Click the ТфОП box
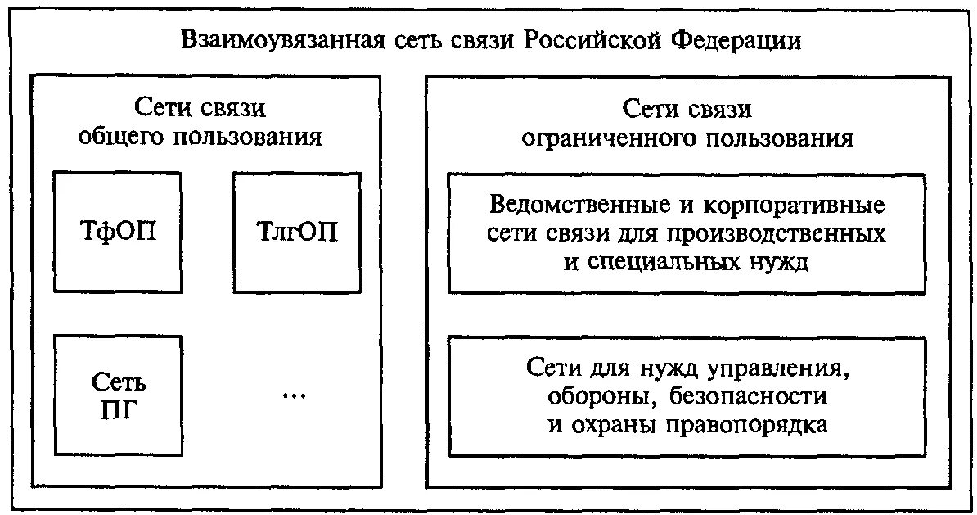point(118,233)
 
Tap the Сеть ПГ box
point(118,394)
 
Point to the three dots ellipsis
point(293,395)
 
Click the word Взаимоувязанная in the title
point(281,40)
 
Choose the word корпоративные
point(790,203)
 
